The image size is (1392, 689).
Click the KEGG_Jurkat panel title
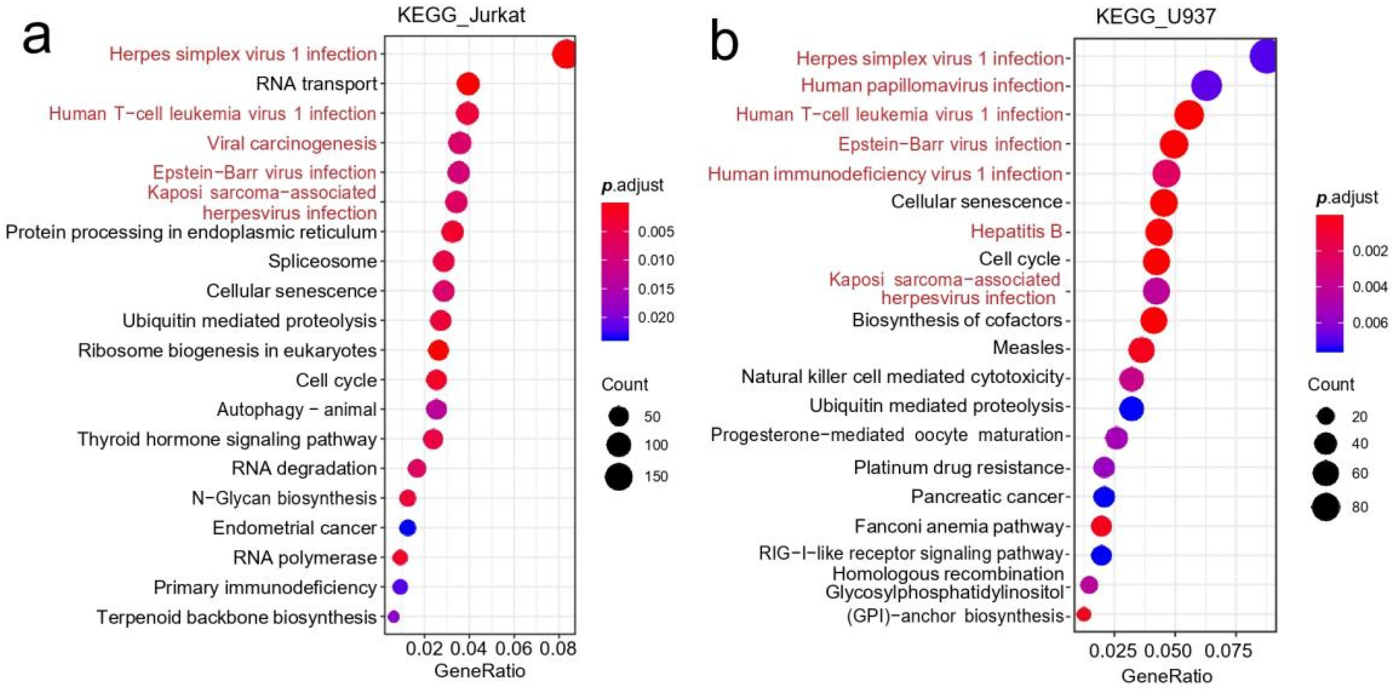pos(461,15)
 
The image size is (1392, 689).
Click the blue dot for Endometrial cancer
pos(407,527)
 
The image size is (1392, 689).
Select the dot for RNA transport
pos(468,84)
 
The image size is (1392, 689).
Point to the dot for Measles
pos(1141,350)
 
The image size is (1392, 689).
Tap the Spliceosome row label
pos(323,262)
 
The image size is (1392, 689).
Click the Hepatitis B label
pos(1016,231)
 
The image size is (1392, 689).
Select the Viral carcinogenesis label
pos(292,143)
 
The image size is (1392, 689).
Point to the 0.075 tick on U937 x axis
pos(1234,651)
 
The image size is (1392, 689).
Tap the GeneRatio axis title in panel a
pos(479,671)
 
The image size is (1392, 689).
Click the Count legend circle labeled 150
pos(619,476)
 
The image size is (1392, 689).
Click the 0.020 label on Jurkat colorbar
pos(655,318)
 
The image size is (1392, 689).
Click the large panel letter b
pos(724,40)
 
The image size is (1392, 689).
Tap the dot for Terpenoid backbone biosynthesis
pos(393,616)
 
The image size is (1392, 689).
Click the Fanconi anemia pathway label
pos(959,526)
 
